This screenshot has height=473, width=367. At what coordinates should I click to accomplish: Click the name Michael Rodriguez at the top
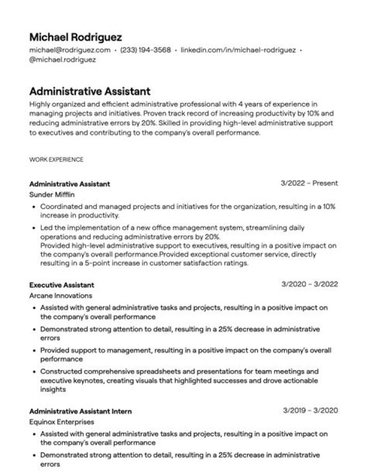[x=76, y=37]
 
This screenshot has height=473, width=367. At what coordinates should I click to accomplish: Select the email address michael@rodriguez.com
[x=70, y=50]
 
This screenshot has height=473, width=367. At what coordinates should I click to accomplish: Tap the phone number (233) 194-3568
[x=145, y=50]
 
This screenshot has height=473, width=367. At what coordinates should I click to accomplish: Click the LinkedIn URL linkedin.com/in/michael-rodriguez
[x=238, y=50]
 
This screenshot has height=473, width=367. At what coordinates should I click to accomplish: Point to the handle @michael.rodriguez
[x=63, y=59]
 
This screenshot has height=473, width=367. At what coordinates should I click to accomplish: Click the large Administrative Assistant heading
[x=90, y=91]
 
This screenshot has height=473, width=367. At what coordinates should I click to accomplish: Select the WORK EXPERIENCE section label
[x=56, y=160]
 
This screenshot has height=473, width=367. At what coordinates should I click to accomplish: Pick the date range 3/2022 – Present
[x=309, y=183]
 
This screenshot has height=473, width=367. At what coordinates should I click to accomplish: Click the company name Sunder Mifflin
[x=52, y=195]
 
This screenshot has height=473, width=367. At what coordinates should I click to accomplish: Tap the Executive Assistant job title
[x=62, y=285]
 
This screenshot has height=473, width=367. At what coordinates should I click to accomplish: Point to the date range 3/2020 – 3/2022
[x=309, y=284]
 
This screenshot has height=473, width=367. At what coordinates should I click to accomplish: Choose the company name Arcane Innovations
[x=61, y=296]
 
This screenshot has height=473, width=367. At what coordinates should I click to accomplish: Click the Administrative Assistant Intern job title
[x=81, y=411]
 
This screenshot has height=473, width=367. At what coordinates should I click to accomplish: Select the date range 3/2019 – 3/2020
[x=309, y=410]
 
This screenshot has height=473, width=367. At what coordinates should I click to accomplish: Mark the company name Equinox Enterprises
[x=62, y=422]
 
